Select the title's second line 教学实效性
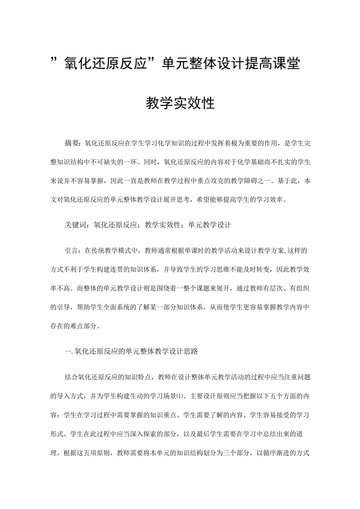coord(180,103)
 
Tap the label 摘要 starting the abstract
coord(72,144)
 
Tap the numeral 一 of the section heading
coord(67,351)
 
